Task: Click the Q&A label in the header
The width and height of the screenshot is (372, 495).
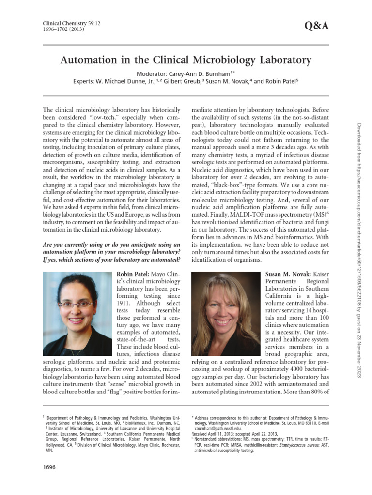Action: (x=317, y=26)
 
